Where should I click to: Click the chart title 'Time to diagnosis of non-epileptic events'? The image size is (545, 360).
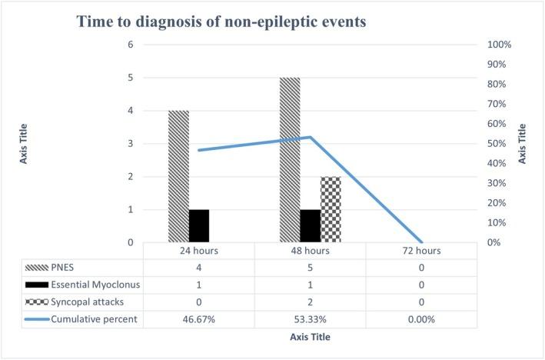221,22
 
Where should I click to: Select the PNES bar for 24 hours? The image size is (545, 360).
178,176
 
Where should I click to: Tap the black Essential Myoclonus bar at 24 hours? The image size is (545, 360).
199,225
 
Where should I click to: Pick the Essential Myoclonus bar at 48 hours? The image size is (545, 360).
311,225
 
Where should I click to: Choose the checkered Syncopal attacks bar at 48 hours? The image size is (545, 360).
331,209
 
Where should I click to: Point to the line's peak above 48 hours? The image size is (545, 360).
310,137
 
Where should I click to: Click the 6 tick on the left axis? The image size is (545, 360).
131,45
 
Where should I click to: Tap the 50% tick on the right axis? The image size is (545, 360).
499,144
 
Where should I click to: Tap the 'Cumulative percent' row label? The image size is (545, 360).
95,319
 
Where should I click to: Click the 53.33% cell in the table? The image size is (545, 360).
310,319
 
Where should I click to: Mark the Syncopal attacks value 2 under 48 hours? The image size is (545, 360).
310,302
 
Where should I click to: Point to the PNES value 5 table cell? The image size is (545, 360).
310,268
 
